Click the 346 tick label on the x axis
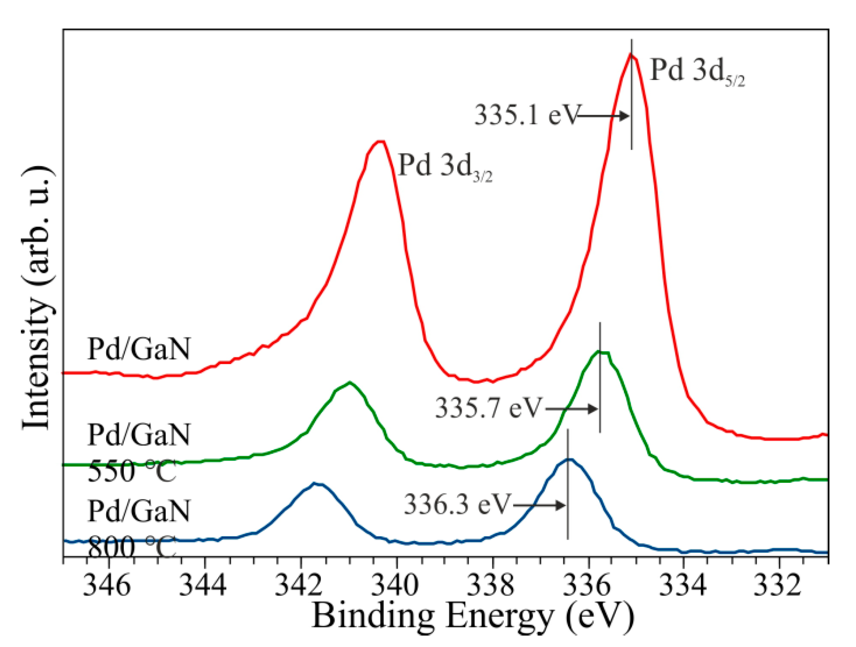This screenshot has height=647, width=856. click(x=107, y=585)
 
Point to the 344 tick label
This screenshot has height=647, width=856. click(x=203, y=585)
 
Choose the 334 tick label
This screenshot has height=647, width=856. click(x=683, y=585)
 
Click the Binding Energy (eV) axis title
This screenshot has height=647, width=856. click(x=473, y=617)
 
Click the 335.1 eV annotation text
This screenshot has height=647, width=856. click(x=526, y=115)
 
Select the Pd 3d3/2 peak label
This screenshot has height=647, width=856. click(x=445, y=166)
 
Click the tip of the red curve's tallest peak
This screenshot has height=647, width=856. click(x=631, y=54)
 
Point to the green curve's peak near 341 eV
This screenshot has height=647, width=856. click(x=350, y=383)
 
